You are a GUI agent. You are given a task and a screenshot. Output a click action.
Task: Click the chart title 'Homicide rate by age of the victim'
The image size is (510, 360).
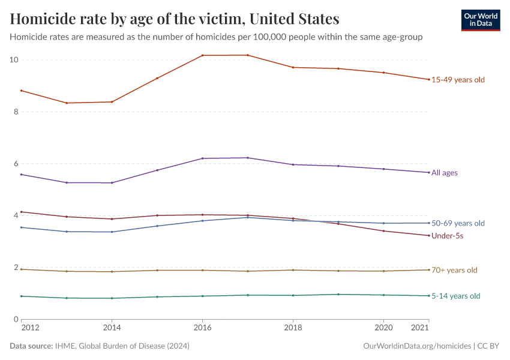tap(175, 19)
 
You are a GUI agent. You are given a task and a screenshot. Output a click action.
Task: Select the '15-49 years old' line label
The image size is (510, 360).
tap(458, 80)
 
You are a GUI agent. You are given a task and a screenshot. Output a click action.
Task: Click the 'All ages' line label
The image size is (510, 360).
tap(445, 173)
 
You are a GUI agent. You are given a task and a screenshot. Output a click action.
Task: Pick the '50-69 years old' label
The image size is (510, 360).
tap(458, 223)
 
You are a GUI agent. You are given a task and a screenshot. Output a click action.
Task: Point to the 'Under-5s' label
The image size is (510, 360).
tap(447, 236)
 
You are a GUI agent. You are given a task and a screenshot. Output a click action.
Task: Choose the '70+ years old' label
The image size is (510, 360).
tap(454, 270)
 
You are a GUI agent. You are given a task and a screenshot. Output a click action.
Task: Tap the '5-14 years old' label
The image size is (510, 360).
tap(456, 296)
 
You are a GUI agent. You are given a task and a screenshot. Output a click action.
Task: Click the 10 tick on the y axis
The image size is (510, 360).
tap(14, 60)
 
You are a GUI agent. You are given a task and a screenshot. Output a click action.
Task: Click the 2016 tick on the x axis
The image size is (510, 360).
tap(202, 328)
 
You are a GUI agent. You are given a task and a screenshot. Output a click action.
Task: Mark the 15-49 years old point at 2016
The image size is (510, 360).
tap(202, 55)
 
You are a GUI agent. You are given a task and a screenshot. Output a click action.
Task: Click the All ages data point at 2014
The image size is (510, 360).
tap(112, 183)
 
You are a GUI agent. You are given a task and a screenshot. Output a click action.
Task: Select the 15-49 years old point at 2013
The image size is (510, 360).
tap(67, 103)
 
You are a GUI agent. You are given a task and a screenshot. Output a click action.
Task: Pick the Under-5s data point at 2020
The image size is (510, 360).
tap(383, 231)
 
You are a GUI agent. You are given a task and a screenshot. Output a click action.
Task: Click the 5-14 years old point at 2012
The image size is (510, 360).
tap(21, 296)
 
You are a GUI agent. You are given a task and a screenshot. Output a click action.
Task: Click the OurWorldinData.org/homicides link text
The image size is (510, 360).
tap(418, 346)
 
